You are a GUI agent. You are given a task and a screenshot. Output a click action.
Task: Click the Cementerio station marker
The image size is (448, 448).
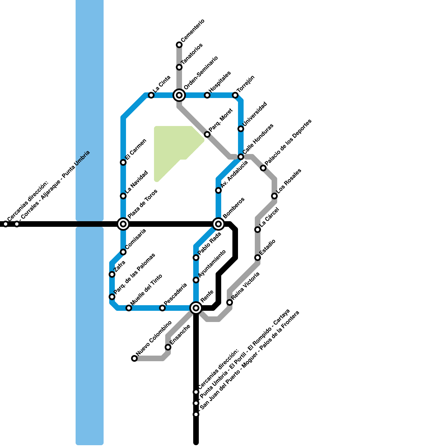(179, 45)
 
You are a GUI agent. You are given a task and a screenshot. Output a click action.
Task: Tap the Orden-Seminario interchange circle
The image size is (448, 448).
(179, 95)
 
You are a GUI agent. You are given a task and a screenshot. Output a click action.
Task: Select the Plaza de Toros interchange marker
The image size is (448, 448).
(123, 224)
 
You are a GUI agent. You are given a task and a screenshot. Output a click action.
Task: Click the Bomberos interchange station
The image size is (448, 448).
(218, 224)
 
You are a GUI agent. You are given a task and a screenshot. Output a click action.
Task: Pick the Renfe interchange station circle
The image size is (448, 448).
(196, 308)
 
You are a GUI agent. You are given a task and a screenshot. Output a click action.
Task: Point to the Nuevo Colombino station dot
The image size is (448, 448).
(134, 358)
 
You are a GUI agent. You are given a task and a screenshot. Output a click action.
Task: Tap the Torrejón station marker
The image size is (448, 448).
(235, 95)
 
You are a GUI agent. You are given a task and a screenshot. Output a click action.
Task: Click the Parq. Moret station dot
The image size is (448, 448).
(207, 134)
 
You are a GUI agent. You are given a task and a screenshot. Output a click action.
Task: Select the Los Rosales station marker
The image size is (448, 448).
(274, 196)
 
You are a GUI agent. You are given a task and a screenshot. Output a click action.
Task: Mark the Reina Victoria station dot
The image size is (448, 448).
(230, 302)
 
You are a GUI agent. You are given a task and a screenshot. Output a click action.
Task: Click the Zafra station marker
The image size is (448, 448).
(112, 274)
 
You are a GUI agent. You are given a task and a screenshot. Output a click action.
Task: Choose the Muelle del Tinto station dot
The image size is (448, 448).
(129, 308)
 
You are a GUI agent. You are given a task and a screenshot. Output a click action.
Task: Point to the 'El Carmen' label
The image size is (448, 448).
(136, 150)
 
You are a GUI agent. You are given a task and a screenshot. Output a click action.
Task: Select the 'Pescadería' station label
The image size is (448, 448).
(175, 294)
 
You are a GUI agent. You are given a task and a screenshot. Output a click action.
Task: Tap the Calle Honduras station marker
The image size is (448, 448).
(241, 157)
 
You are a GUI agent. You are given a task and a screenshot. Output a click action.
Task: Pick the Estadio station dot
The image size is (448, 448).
(258, 258)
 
